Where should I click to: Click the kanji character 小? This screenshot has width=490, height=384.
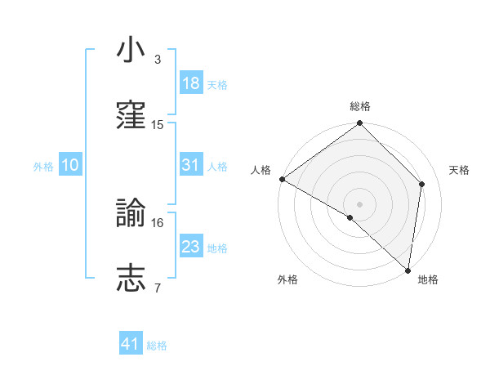point(131,50)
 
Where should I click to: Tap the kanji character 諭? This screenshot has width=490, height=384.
point(131,214)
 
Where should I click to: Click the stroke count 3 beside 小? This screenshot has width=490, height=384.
point(158,60)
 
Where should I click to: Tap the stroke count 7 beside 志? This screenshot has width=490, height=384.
point(158,288)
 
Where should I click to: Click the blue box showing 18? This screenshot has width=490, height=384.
point(190,83)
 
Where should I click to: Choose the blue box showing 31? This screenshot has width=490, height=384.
point(190,165)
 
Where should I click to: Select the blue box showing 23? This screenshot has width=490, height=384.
point(190,247)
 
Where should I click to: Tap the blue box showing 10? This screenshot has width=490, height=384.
point(70,165)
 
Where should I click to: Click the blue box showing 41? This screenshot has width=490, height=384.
point(131,345)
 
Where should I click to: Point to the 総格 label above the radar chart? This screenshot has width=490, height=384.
point(360,107)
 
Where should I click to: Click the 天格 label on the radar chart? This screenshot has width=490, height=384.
point(460,170)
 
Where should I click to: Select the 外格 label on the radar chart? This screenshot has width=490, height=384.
point(287,280)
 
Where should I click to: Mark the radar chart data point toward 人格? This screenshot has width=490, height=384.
point(282,179)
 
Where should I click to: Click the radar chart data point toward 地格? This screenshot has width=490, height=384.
point(408,270)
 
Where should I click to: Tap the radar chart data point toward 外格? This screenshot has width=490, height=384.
point(350,217)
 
